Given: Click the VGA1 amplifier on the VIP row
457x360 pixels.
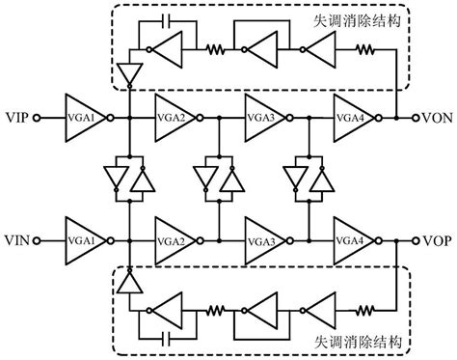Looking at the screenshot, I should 83,118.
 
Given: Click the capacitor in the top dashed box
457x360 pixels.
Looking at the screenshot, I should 167,20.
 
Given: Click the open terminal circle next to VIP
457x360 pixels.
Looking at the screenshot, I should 37,118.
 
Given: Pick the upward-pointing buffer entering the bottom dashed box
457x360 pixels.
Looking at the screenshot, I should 128,282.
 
